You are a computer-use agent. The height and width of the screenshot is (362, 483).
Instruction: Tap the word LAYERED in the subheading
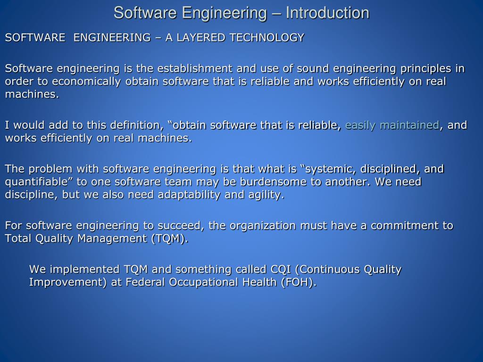click(x=197, y=38)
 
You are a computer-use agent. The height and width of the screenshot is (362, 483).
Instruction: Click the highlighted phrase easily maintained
click(x=392, y=125)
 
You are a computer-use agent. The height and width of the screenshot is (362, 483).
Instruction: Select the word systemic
click(x=334, y=169)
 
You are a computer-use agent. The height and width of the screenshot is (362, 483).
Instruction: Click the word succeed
click(x=182, y=226)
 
